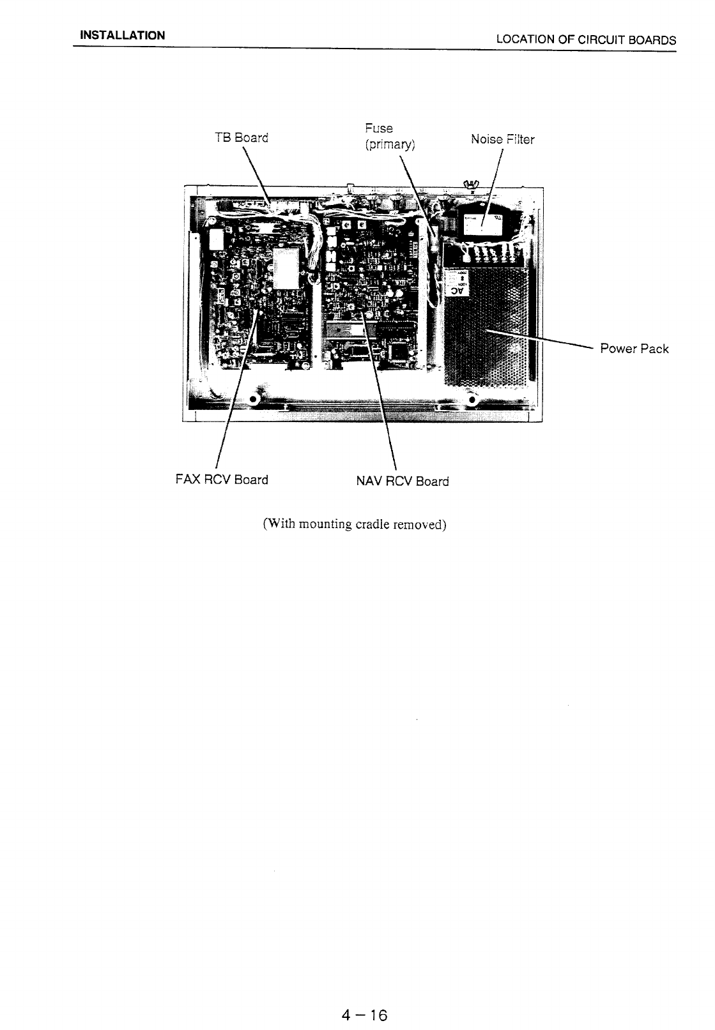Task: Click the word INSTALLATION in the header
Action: pyautogui.click(x=122, y=35)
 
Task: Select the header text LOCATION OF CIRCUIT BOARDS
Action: pyautogui.click(x=585, y=40)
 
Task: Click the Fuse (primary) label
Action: pyautogui.click(x=389, y=137)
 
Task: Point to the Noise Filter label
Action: pyautogui.click(x=502, y=139)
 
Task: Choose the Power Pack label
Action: pyautogui.click(x=634, y=349)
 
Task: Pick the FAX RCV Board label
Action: pyautogui.click(x=221, y=480)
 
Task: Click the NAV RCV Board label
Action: pyautogui.click(x=402, y=481)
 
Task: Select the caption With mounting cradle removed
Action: pyautogui.click(x=354, y=524)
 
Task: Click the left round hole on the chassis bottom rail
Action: pyautogui.click(x=254, y=400)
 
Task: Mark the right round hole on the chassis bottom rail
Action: pyautogui.click(x=472, y=400)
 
